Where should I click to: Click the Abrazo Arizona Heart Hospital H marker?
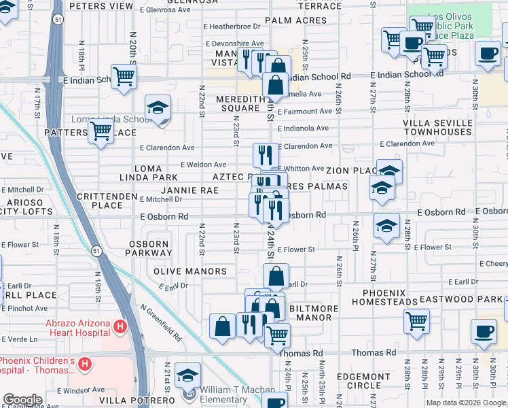pos(120,327)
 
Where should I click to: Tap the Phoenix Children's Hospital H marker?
pos(85,364)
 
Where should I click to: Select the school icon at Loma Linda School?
pos(158,108)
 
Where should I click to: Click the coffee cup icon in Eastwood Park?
pos(484,332)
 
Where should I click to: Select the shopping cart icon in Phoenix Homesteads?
pos(416,320)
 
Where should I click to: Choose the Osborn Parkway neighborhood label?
pos(149,249)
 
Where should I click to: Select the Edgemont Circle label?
pos(367,381)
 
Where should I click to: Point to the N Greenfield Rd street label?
pos(162,322)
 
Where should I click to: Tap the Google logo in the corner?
pos(22,400)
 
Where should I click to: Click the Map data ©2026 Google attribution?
pos(465,403)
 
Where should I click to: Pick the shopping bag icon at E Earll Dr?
pos(276,275)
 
